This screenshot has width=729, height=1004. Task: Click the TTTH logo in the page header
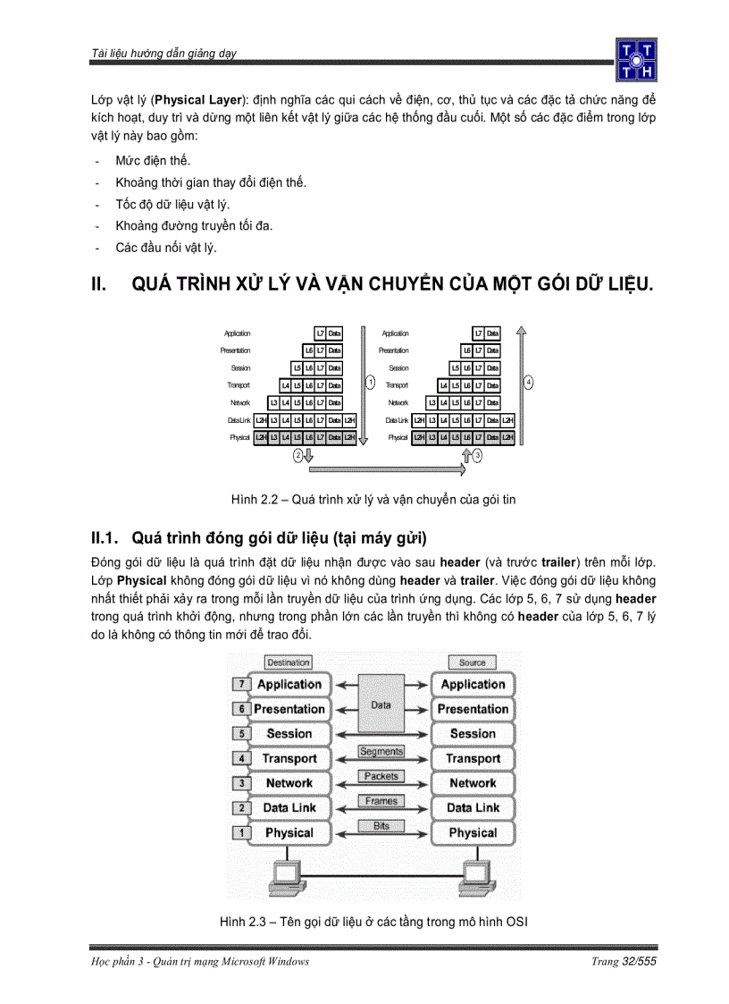tap(635, 59)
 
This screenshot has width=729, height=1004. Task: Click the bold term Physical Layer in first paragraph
tap(193, 99)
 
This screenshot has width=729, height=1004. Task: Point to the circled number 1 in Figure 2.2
tap(369, 382)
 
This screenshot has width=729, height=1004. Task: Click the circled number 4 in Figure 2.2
tap(529, 382)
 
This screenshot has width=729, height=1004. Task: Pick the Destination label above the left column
tap(288, 662)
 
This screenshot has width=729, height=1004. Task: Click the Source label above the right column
tap(472, 662)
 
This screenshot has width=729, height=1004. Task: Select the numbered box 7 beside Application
tap(239, 685)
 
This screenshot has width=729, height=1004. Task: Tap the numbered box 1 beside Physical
tap(239, 833)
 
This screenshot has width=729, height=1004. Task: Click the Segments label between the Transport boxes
tap(381, 752)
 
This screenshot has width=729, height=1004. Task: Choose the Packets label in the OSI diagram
tap(381, 776)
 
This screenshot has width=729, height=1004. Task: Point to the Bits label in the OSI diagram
tap(381, 826)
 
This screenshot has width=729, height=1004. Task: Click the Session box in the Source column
tap(473, 734)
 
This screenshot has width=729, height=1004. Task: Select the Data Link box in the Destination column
tap(289, 808)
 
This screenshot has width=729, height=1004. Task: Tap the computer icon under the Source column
tap(475, 875)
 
